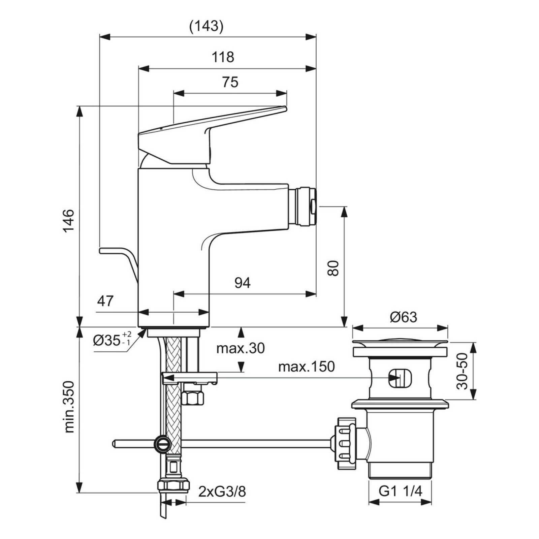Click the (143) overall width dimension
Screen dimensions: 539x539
tap(206, 26)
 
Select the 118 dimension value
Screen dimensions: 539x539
tap(223, 57)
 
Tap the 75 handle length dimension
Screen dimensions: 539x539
tap(230, 82)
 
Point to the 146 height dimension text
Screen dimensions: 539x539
tap(68, 221)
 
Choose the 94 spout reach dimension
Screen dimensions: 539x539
tap(243, 283)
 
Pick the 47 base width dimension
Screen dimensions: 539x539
tap(105, 301)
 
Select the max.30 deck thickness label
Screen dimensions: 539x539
tap(241, 348)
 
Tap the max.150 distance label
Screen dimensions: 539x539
tap(307, 367)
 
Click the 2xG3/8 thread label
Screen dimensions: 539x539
tap(222, 492)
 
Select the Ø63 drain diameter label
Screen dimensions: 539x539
tap(404, 317)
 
